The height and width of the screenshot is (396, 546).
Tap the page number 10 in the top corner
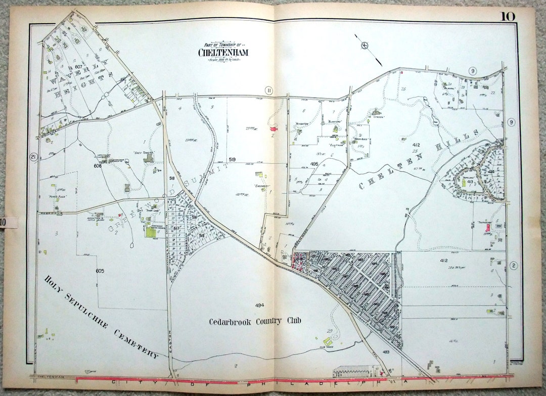click(x=508, y=16)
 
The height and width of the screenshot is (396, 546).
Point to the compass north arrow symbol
click(x=365, y=46)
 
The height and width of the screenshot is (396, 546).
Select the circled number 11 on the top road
click(x=269, y=91)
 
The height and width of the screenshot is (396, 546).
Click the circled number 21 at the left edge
click(x=33, y=157)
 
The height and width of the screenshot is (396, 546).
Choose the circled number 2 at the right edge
click(x=514, y=266)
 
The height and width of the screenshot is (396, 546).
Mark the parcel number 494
click(x=259, y=305)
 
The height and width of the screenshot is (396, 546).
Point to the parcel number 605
click(x=100, y=271)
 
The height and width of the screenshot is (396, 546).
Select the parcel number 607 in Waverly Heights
click(x=78, y=67)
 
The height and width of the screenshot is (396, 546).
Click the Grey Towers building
click(x=147, y=159)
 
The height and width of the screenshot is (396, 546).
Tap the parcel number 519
click(x=232, y=159)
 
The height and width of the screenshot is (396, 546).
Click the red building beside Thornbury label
click(x=487, y=228)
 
